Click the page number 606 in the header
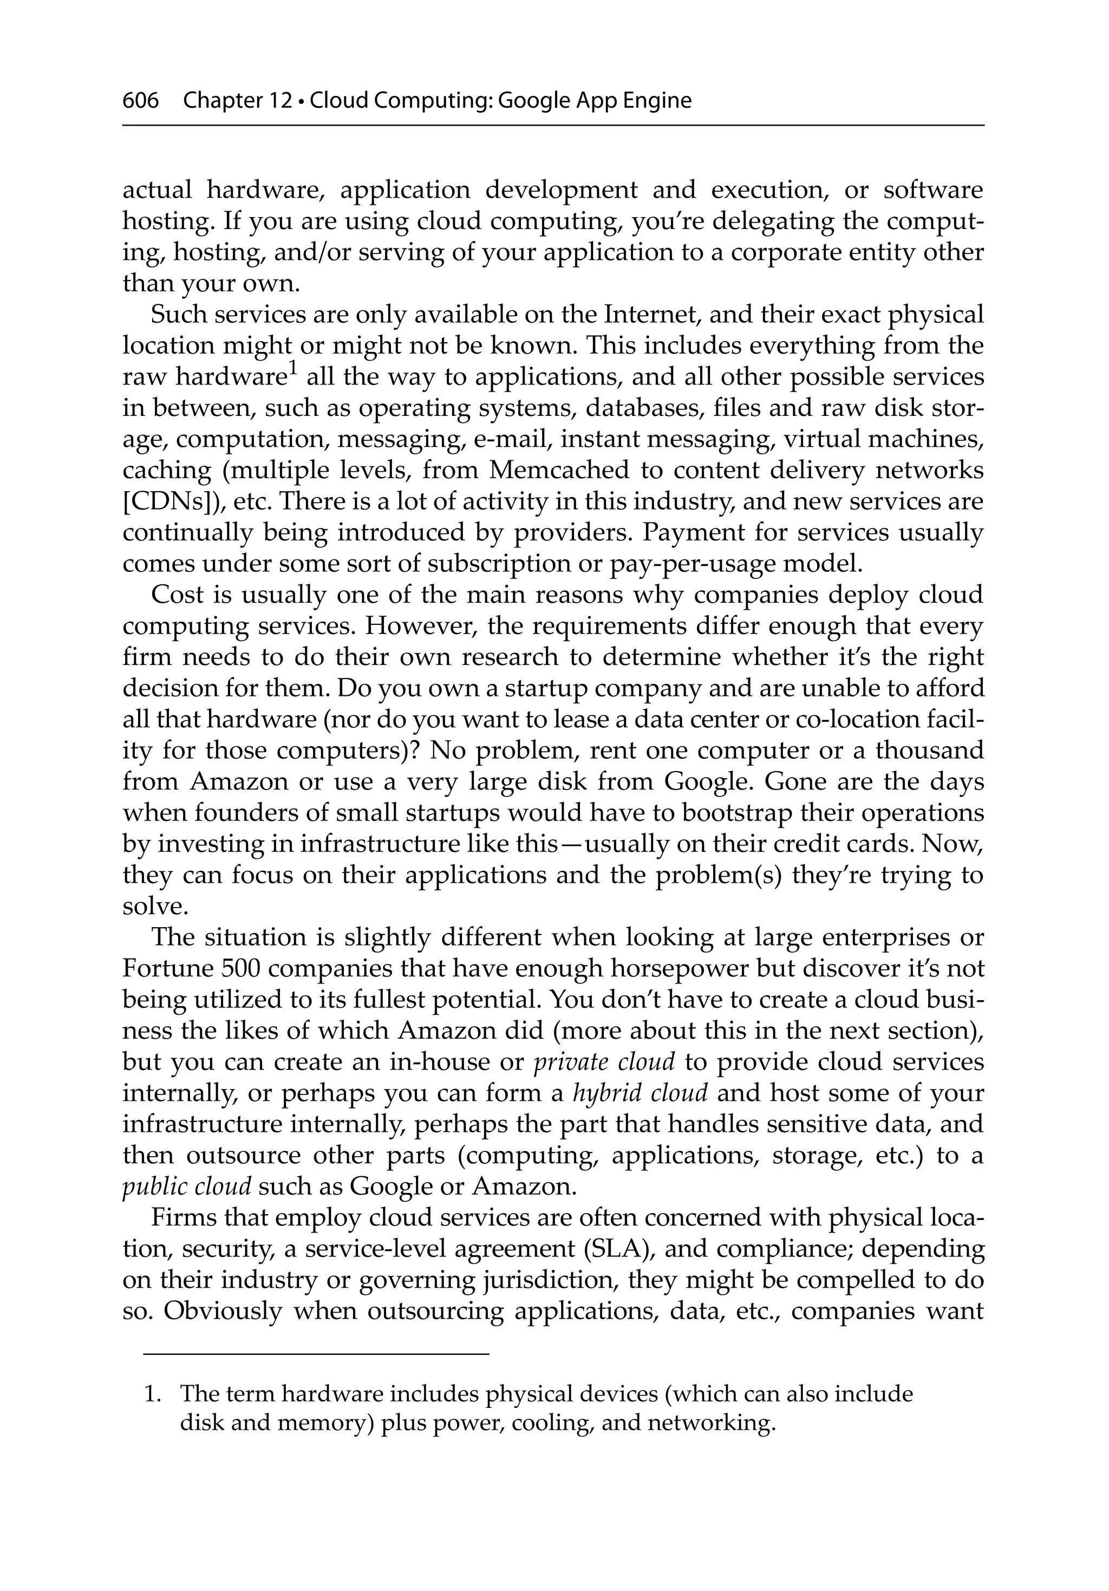click(x=140, y=101)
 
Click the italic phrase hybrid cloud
click(x=640, y=1093)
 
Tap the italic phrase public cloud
click(x=186, y=1187)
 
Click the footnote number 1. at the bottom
click(x=152, y=1393)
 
